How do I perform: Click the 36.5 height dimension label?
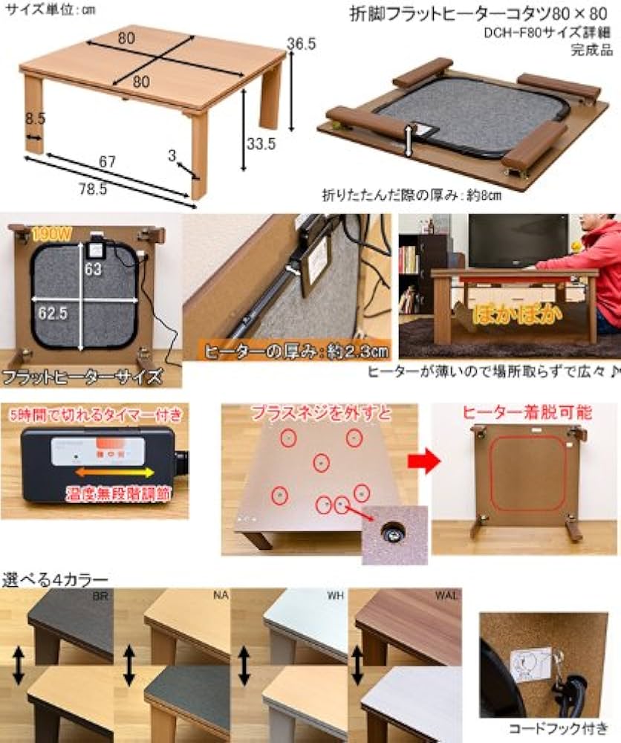[302, 44]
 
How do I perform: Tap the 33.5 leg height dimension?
[261, 144]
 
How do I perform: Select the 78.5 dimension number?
[93, 189]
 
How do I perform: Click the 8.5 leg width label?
[34, 117]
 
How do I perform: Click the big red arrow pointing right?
[424, 461]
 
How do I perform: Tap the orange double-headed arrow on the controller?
[114, 472]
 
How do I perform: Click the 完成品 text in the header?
[591, 51]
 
